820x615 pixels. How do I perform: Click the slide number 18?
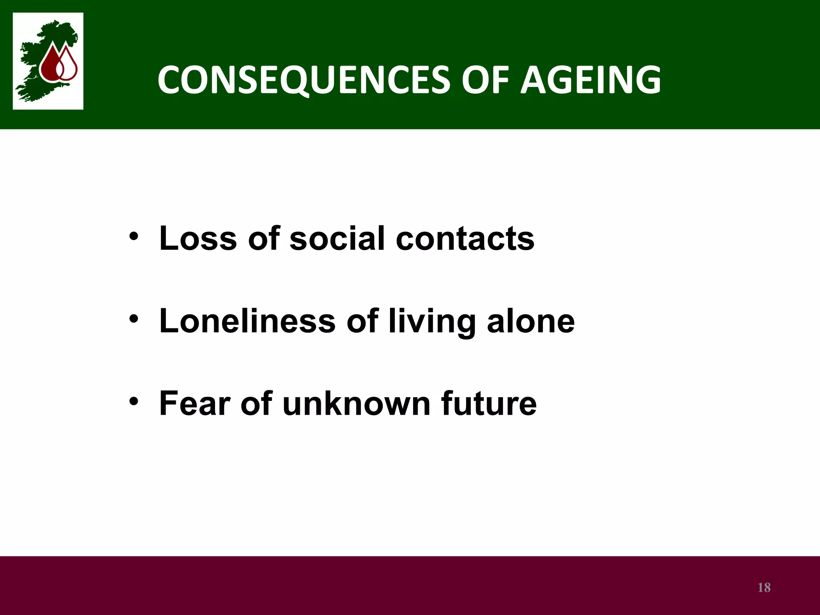(764, 587)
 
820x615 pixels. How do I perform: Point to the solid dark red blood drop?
(50, 64)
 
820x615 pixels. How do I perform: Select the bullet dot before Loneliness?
(134, 319)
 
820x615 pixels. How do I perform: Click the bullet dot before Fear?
(134, 401)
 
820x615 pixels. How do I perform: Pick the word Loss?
(198, 239)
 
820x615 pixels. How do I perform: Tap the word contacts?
(465, 239)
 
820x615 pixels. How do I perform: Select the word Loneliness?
(247, 321)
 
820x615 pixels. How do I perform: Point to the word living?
(432, 323)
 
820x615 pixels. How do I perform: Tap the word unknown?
(356, 404)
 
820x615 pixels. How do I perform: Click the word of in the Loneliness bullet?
(362, 321)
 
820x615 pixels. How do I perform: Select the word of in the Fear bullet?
(256, 404)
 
